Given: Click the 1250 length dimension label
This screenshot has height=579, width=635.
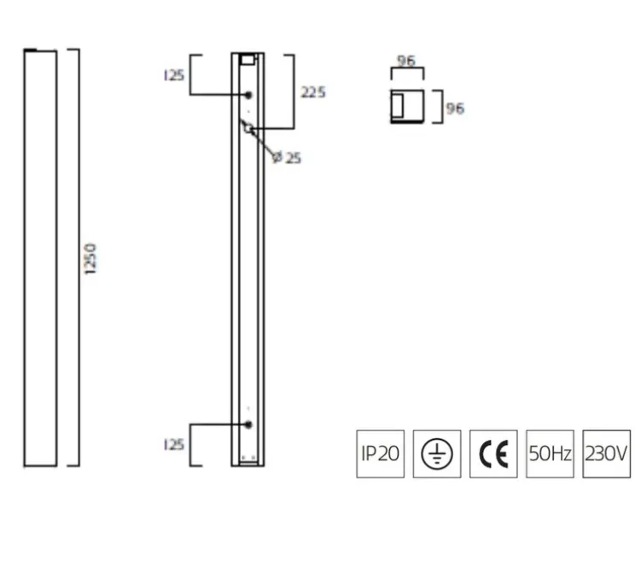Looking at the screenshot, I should pyautogui.click(x=92, y=258).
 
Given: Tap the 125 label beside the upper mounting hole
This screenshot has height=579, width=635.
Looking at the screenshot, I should pyautogui.click(x=173, y=75).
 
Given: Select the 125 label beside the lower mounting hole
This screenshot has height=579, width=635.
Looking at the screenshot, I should pyautogui.click(x=173, y=444).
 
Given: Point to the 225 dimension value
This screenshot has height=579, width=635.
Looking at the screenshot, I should pyautogui.click(x=313, y=92).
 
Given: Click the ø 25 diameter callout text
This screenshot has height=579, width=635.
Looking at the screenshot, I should pyautogui.click(x=287, y=158).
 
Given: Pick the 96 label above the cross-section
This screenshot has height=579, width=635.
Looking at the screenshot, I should pyautogui.click(x=407, y=61).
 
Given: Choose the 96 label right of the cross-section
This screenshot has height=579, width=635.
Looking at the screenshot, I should pyautogui.click(x=455, y=108).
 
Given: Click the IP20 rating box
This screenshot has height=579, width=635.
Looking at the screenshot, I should pyautogui.click(x=379, y=453).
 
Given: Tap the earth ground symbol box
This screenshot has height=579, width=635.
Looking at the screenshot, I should pyautogui.click(x=436, y=453).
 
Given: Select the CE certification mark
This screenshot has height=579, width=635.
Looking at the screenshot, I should pyautogui.click(x=493, y=453).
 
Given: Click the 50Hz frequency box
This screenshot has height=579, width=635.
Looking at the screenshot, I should pyautogui.click(x=550, y=453).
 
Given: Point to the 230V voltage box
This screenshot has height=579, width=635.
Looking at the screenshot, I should pyautogui.click(x=607, y=453).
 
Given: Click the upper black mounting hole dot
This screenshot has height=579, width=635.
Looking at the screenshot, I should pyautogui.click(x=248, y=95).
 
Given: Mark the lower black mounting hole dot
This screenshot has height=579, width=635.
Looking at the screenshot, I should pyautogui.click(x=248, y=424).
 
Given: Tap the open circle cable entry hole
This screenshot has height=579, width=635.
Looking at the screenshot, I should pyautogui.click(x=248, y=129).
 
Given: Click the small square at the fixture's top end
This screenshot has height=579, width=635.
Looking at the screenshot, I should pyautogui.click(x=248, y=60).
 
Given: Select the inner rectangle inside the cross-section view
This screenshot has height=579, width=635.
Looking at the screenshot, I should pyautogui.click(x=399, y=106).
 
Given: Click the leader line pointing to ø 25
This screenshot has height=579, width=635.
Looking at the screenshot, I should pyautogui.click(x=263, y=143).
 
